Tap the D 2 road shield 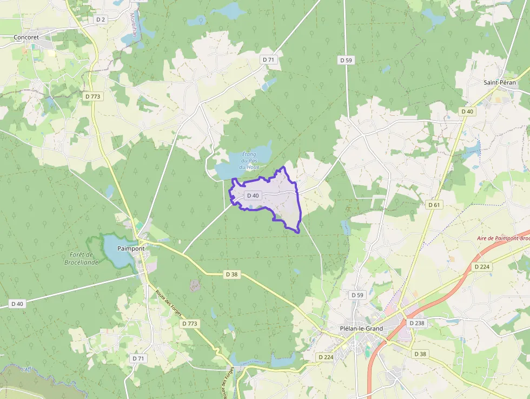click(100, 19)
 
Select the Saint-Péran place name click(500, 82)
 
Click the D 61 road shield click(434, 205)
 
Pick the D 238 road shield click(417, 323)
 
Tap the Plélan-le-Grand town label click(361, 329)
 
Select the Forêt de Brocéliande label click(84, 258)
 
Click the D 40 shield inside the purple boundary click(253, 195)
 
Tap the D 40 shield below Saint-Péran click(467, 111)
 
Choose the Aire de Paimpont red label click(503, 238)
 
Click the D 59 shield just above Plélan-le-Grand click(357, 295)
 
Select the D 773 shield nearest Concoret click(93, 96)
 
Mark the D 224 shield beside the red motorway click(481, 267)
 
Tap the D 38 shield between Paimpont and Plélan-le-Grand click(231, 274)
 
